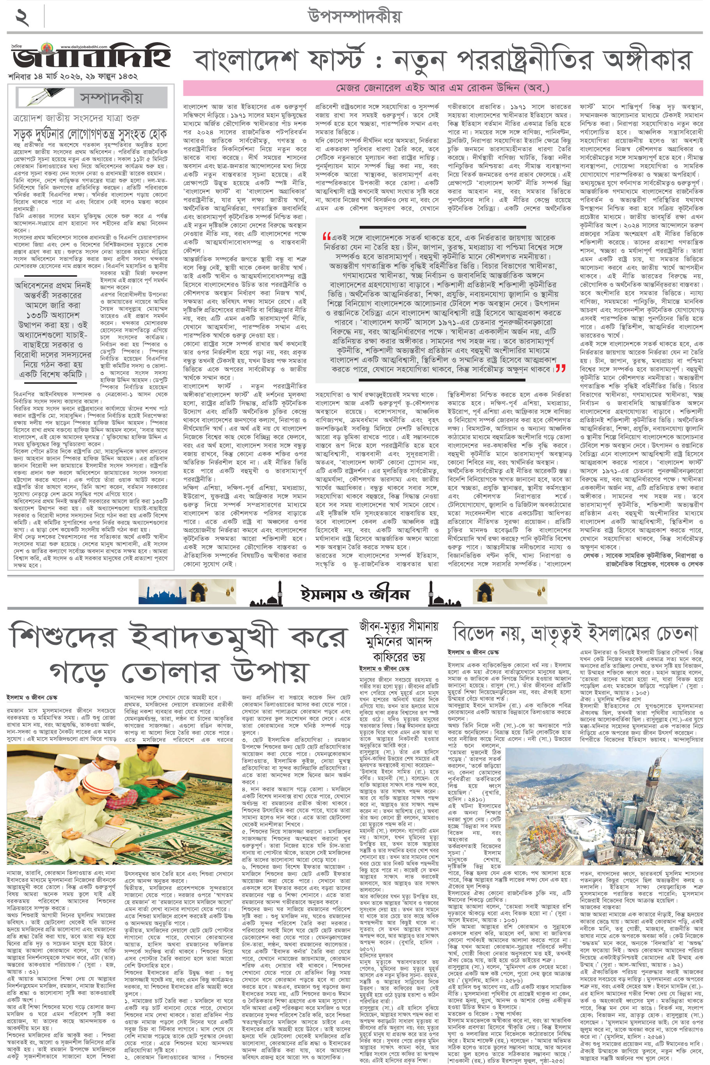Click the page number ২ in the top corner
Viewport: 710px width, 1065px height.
coord(23,17)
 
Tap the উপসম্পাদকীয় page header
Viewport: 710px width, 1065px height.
coord(355,17)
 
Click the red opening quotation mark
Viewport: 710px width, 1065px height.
coord(327,237)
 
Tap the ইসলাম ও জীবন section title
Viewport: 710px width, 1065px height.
coord(355,593)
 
